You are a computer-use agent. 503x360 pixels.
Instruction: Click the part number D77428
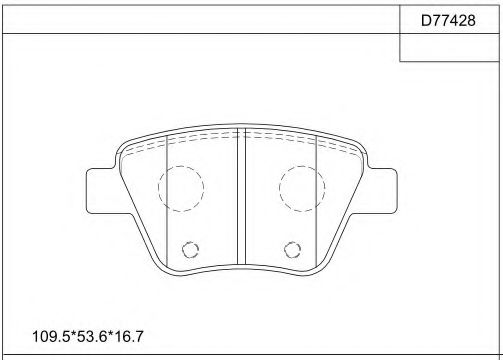click(449, 18)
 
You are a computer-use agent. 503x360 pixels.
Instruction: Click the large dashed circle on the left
click(180, 186)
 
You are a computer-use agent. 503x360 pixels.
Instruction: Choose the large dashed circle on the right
click(301, 186)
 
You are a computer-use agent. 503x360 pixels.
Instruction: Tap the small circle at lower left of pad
click(191, 250)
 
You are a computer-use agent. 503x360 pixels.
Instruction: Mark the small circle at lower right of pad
click(292, 250)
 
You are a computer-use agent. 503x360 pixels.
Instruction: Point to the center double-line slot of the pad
click(241, 200)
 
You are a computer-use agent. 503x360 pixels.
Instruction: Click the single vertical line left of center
click(166, 200)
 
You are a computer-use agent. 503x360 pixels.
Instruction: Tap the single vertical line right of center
click(316, 200)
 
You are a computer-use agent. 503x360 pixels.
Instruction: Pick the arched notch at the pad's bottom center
click(241, 267)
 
